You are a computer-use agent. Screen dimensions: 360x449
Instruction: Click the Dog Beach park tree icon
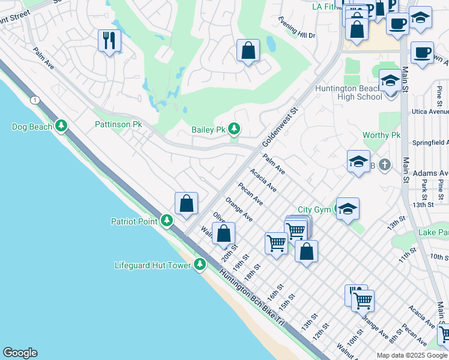(x=61, y=126)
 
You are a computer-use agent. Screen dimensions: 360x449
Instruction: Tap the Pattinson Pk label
(x=118, y=124)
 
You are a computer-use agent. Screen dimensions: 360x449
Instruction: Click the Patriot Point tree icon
(x=167, y=221)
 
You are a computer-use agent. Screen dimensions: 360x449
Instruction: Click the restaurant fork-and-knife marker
(x=109, y=41)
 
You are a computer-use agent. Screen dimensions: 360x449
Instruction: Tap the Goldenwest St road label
(x=280, y=127)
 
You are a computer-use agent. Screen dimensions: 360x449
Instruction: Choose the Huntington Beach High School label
(x=352, y=92)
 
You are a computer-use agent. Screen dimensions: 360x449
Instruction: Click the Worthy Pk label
(x=381, y=136)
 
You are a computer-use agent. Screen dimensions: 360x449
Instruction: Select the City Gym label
(x=314, y=209)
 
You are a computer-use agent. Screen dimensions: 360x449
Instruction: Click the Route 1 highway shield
(x=36, y=99)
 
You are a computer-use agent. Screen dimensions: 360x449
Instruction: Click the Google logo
(x=20, y=353)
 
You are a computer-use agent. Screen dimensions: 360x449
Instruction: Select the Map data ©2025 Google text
(x=412, y=355)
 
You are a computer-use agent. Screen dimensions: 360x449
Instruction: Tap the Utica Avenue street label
(x=430, y=112)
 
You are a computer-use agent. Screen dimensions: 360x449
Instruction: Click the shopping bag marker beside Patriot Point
(x=187, y=203)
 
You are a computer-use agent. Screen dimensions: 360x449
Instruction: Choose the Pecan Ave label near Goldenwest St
(x=250, y=193)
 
